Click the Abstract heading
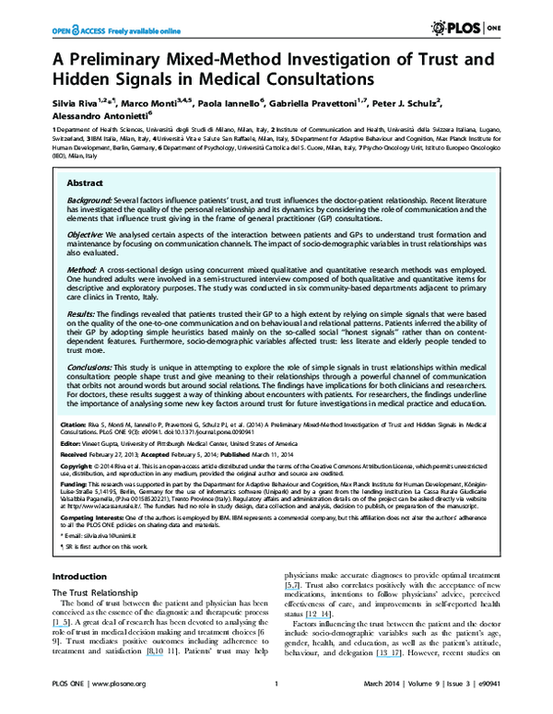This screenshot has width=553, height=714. (x=86, y=183)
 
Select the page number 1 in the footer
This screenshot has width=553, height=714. (x=276, y=708)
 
